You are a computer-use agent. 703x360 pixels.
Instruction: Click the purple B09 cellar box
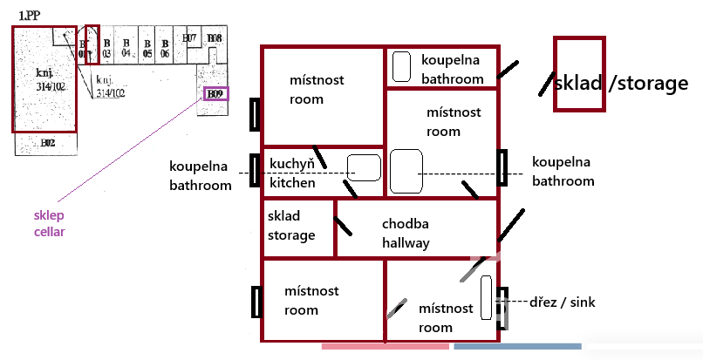pyautogui.click(x=215, y=92)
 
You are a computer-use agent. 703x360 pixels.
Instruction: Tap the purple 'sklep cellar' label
pyautogui.click(x=50, y=224)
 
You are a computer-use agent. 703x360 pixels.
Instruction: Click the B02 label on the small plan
pyautogui.click(x=47, y=142)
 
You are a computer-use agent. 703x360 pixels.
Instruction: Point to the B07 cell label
pyautogui.click(x=189, y=38)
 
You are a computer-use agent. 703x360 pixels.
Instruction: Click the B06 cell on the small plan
pyautogui.click(x=165, y=48)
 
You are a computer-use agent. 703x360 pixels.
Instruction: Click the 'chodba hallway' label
pyautogui.click(x=406, y=234)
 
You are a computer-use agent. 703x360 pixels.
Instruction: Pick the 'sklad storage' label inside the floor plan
pyautogui.click(x=291, y=226)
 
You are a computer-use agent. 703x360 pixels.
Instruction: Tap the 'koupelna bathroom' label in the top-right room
pyautogui.click(x=452, y=70)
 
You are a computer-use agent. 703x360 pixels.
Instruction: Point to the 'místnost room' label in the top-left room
pyautogui.click(x=317, y=89)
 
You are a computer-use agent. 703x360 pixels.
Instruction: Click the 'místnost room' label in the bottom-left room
pyautogui.click(x=311, y=300)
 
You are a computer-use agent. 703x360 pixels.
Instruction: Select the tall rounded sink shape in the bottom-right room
pyautogui.click(x=486, y=296)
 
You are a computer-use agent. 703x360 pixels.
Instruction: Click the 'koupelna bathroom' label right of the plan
pyautogui.click(x=563, y=172)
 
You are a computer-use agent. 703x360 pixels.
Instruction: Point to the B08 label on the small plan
pyautogui.click(x=215, y=38)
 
